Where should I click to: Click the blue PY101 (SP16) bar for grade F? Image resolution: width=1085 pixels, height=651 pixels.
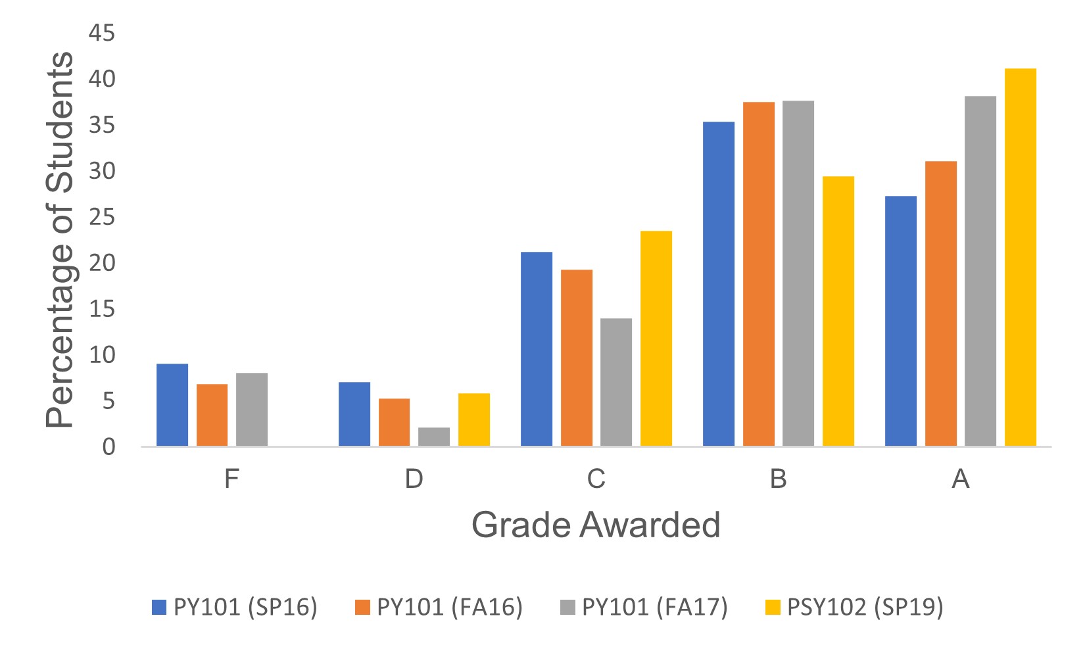[172, 405]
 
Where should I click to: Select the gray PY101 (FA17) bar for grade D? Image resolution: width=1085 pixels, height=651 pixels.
[434, 437]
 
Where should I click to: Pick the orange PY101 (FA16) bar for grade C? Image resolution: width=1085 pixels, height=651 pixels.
[577, 358]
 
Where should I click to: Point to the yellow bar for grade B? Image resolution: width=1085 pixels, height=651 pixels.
[838, 312]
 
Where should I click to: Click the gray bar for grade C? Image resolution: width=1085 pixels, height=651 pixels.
[616, 383]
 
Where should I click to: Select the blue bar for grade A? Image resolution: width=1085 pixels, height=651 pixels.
[901, 322]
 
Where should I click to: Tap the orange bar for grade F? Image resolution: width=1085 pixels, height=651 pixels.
[212, 416]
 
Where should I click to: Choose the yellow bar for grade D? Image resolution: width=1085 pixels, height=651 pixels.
[474, 420]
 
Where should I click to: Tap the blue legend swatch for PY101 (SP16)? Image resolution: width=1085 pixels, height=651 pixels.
[160, 607]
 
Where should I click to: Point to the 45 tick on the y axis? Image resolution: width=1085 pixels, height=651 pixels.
[101, 33]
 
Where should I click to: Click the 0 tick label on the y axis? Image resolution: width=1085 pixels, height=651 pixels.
[108, 447]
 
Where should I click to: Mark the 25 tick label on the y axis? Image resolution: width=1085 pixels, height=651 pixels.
[101, 217]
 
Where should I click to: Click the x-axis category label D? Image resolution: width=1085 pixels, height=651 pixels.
[414, 479]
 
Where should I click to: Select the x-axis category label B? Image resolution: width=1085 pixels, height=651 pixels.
[778, 479]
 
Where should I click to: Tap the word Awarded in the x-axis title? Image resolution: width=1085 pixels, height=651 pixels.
[651, 525]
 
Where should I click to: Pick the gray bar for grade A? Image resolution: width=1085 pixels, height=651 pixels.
[980, 272]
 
